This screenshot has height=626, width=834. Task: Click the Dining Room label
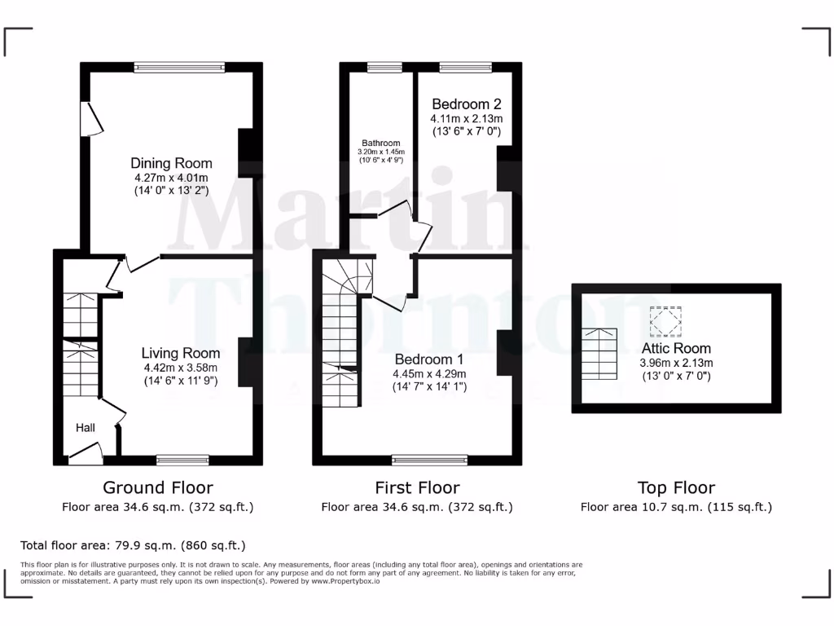[x=171, y=163]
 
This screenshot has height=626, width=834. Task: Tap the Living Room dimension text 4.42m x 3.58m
[x=181, y=368]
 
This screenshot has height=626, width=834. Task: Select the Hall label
[x=86, y=428]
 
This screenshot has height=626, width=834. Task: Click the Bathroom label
[x=381, y=143]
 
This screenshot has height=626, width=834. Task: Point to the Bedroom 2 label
[x=466, y=104]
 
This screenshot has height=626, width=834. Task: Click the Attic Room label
[x=676, y=348]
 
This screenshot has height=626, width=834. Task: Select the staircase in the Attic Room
[x=599, y=354]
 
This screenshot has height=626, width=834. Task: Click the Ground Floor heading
[x=158, y=487]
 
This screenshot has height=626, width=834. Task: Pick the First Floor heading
[x=417, y=487]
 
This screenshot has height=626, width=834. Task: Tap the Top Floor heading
[x=676, y=487]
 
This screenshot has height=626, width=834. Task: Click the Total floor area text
[x=132, y=545]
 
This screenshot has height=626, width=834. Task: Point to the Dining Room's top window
[x=179, y=68]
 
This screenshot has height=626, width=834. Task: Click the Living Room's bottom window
[x=182, y=460]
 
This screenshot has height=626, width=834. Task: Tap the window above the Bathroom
[x=379, y=68]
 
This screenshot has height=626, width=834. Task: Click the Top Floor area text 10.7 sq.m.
[x=676, y=507]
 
